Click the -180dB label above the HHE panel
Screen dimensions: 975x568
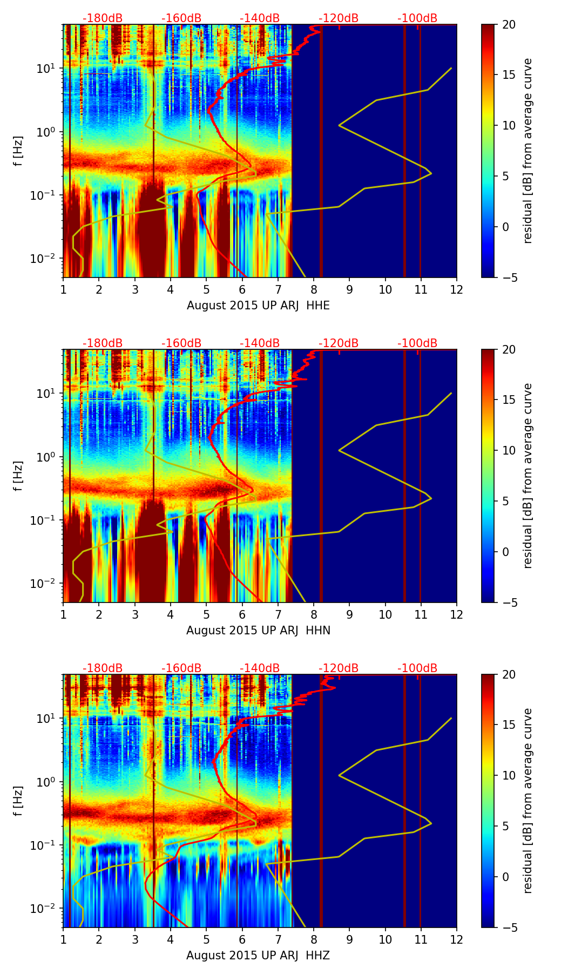coord(103,18)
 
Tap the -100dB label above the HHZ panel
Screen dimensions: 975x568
coord(417,668)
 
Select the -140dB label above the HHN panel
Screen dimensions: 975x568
coord(260,343)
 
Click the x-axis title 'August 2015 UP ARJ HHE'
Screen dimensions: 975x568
coord(258,306)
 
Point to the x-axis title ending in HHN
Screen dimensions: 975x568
coord(258,631)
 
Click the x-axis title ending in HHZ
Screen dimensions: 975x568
coord(258,956)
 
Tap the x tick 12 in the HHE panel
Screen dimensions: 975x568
coord(456,289)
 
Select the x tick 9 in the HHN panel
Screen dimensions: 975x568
coord(349,614)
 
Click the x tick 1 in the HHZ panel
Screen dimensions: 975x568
coord(63,939)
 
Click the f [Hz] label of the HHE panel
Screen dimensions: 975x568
coord(18,151)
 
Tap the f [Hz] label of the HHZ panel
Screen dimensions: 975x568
coord(18,801)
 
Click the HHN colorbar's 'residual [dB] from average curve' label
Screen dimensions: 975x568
coord(528,476)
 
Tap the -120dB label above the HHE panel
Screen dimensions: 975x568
coord(339,18)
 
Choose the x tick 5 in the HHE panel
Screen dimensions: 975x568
coord(206,289)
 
